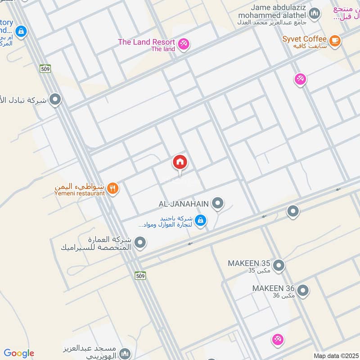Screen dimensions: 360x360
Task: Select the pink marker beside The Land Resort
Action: point(184,44)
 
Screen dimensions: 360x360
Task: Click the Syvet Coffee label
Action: point(304,39)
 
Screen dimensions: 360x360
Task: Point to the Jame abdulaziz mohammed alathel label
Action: point(279,12)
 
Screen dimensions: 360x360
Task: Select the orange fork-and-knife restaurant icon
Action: point(112,189)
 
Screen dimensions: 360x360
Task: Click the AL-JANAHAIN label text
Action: point(184,204)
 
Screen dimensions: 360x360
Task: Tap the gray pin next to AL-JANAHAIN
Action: point(218,203)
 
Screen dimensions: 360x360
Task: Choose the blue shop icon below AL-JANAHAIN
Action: point(201,220)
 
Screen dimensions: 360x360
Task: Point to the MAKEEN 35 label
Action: point(249,263)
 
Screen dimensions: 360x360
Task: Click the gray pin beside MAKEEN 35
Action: point(279,265)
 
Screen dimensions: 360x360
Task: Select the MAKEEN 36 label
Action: point(273,288)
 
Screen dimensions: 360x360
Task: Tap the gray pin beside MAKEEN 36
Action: point(303,291)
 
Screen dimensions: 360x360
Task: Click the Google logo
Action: point(19,353)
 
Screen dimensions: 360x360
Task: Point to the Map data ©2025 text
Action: point(335,355)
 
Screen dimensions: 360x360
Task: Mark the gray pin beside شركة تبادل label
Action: point(55,99)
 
